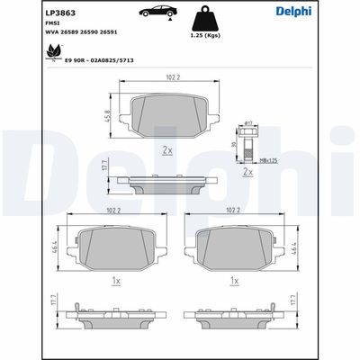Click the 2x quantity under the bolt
[247, 170]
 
